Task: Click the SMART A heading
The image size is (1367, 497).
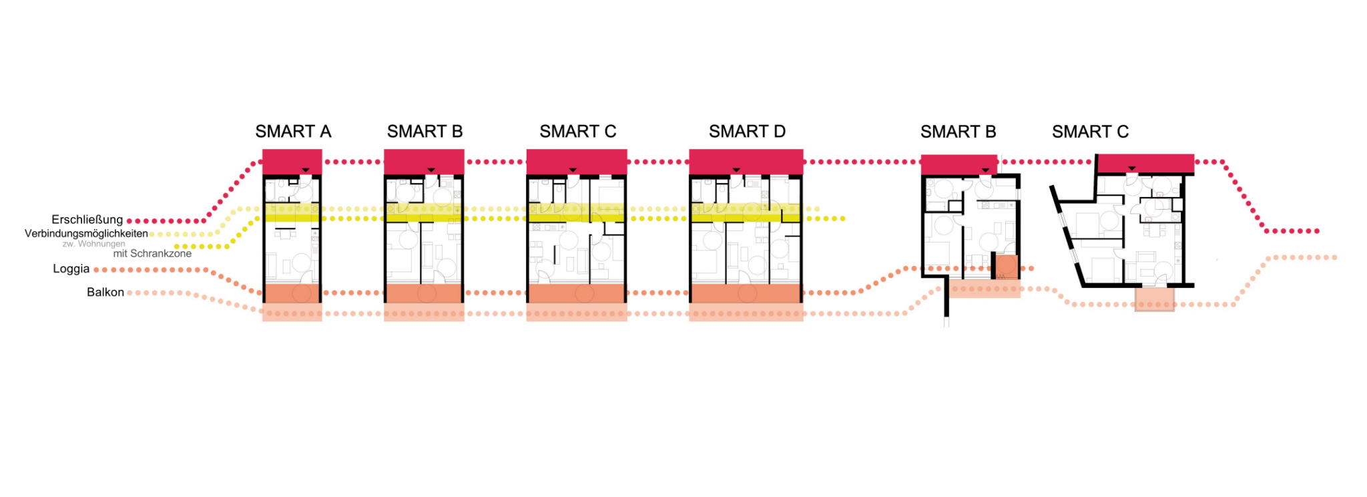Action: coord(293,132)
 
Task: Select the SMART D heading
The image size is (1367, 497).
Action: coord(747,132)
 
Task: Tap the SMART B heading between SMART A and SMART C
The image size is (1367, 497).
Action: coord(425,132)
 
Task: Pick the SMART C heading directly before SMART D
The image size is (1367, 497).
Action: coord(577,132)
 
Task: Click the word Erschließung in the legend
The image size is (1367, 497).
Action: coord(87,220)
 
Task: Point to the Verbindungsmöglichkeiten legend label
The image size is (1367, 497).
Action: coord(86,234)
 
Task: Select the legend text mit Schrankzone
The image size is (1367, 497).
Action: coord(152,254)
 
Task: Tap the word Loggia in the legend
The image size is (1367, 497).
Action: coord(71,269)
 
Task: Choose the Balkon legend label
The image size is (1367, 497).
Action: coord(105,292)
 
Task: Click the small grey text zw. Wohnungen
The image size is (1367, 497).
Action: coord(93,244)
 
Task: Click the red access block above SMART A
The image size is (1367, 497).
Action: coord(292,162)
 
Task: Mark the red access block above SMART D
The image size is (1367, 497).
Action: coord(746,162)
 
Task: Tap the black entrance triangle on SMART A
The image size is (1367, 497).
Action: coord(306,170)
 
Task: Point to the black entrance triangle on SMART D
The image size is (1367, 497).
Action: coord(736,170)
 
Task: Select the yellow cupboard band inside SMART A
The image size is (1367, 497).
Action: coord(292,213)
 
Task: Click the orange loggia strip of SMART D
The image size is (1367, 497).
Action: coord(746,293)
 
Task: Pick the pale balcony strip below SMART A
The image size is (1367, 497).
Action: coord(292,312)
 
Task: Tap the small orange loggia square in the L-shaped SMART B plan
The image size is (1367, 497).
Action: coord(1007,267)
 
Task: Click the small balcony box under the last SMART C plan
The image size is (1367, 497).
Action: coord(1155,299)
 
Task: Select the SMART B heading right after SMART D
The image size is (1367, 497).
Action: coord(958,132)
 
